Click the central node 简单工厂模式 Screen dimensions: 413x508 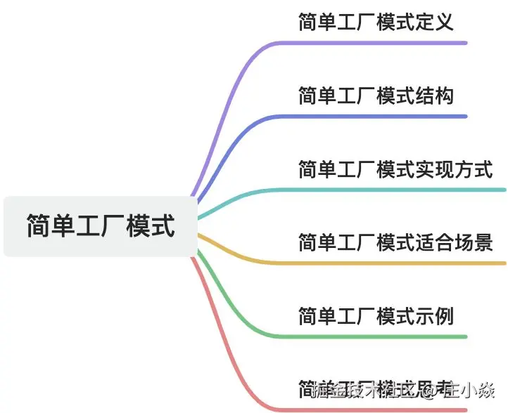[101, 227]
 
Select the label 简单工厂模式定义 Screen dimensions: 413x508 [376, 22]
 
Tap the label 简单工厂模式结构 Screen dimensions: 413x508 [376, 96]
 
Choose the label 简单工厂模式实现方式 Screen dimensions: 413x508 [395, 169]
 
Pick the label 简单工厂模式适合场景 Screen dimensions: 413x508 [395, 243]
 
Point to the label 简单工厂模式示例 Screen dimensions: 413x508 [376, 316]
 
